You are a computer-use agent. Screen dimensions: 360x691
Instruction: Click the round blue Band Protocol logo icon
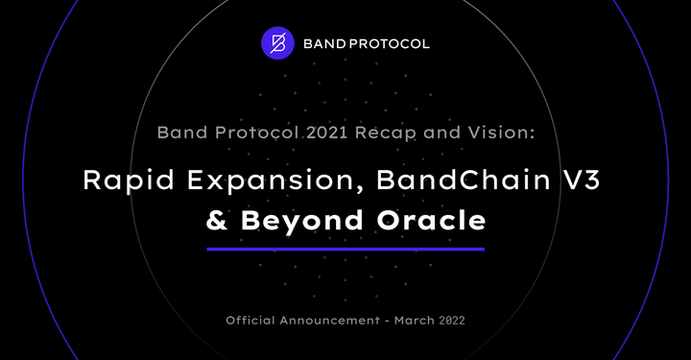277,43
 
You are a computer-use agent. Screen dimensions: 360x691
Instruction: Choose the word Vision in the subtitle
499,133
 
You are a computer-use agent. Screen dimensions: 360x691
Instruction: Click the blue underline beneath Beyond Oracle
345,249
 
